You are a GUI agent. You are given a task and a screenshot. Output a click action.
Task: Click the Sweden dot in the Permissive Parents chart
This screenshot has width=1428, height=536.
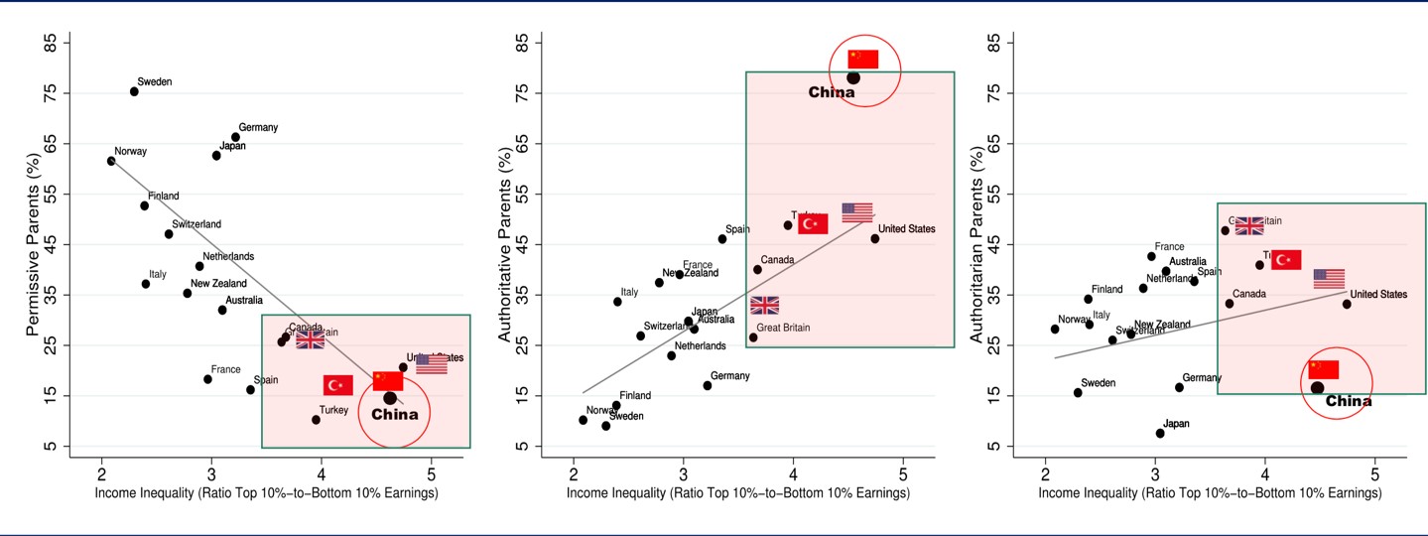(x=134, y=91)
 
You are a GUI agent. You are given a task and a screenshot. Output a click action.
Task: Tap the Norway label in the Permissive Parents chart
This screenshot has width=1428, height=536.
(x=131, y=152)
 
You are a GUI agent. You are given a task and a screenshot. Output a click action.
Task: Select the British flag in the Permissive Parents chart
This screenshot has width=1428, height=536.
(x=310, y=339)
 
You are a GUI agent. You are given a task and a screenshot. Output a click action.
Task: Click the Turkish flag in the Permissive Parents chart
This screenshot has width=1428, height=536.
(x=338, y=385)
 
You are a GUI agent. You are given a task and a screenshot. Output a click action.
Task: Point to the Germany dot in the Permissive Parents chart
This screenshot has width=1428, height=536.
(x=235, y=137)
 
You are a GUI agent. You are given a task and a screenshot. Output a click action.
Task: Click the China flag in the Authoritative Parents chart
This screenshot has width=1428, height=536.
(x=863, y=59)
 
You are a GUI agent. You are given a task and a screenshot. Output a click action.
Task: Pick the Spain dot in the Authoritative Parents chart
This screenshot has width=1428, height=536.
(x=722, y=239)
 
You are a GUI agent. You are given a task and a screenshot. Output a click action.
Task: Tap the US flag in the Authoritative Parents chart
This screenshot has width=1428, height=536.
(x=857, y=212)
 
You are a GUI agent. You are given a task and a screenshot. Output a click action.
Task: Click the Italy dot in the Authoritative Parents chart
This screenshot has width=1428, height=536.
(x=617, y=302)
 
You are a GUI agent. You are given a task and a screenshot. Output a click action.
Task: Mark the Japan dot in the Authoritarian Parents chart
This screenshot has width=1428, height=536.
(x=1160, y=433)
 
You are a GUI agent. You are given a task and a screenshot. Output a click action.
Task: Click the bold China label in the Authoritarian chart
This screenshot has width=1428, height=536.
(x=1349, y=402)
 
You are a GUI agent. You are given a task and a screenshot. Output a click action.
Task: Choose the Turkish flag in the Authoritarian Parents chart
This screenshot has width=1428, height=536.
(x=1286, y=260)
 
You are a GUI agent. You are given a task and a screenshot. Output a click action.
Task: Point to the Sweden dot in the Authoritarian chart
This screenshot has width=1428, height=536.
(x=1078, y=393)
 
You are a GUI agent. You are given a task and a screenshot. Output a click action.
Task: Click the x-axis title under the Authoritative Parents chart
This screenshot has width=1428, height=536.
(x=739, y=492)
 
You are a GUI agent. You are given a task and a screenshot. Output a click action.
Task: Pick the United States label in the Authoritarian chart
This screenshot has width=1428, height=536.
(x=1378, y=295)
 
